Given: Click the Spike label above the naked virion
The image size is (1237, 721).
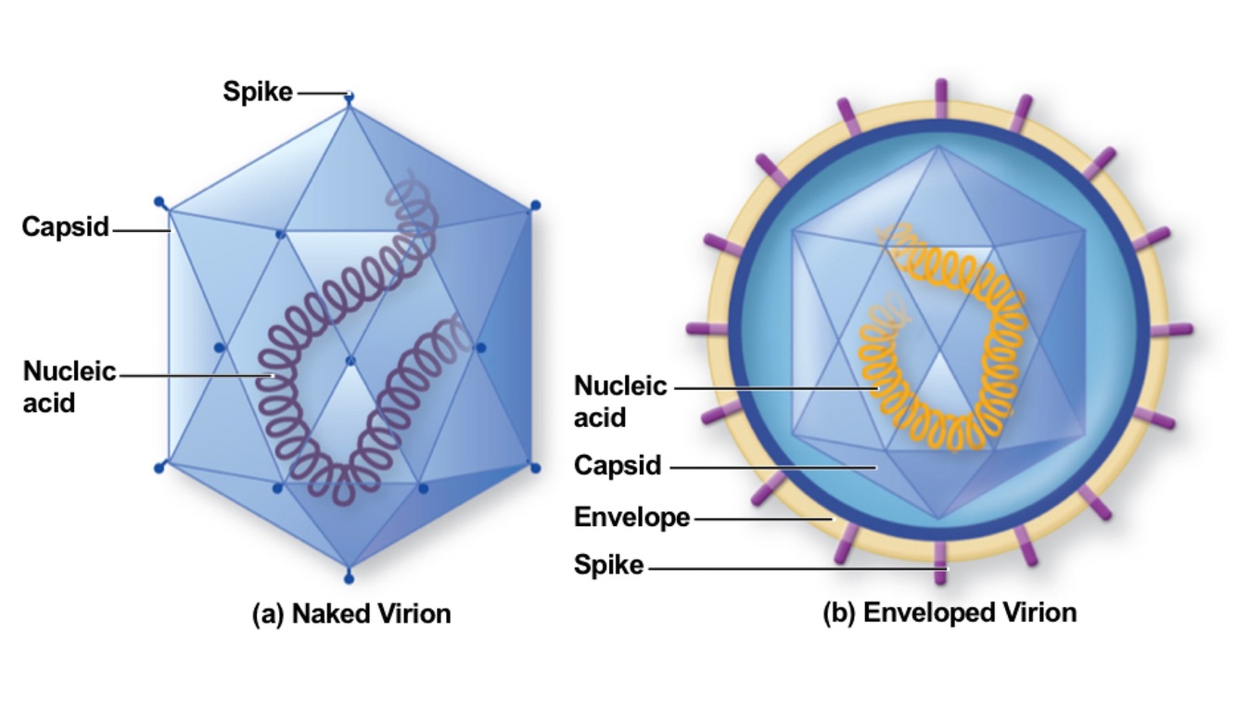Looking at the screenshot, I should pos(257,92).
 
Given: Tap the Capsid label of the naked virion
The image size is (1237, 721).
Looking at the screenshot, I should pos(66,226).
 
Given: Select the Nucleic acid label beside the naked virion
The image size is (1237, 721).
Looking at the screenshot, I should pos(70,386).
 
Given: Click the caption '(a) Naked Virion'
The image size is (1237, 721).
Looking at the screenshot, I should pos(351,613).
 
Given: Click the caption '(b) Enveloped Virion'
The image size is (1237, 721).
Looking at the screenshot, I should pos(950,612).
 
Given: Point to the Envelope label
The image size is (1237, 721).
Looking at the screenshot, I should pos(631,517).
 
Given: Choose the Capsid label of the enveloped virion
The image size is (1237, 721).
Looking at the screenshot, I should pos(618,465).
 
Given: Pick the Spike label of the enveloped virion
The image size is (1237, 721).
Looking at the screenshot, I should pos(608,564).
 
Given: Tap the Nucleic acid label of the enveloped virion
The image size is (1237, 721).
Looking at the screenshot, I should pos(620,401).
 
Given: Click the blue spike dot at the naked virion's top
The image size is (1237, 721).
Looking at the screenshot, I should pos(350,95).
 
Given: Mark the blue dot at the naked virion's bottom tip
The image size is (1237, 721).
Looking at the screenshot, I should pos(349,580).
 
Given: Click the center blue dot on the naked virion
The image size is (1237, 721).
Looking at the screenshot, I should pos(351,360).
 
